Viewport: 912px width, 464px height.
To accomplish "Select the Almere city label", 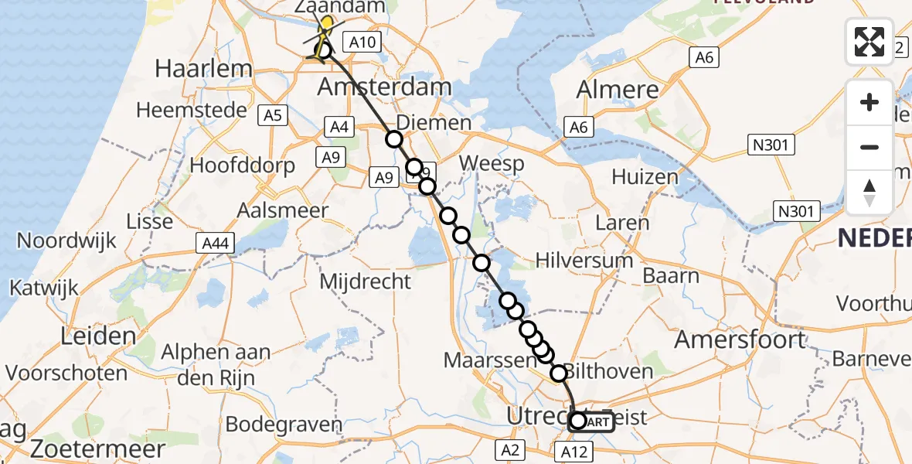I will coord(618,89).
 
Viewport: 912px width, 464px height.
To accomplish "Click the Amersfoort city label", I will coord(740,339).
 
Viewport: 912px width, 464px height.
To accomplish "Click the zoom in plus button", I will coord(869,102).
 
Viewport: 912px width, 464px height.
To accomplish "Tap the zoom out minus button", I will coord(869,147).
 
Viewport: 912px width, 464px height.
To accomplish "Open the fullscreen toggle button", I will coord(869,42).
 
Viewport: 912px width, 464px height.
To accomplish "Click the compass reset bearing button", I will coord(869,192).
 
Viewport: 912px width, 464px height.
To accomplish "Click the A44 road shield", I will coord(214,244).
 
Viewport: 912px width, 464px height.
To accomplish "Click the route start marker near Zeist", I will coord(578,421).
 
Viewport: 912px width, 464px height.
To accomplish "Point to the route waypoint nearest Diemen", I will coord(394,139).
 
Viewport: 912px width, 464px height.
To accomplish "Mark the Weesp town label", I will coord(492,164).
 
